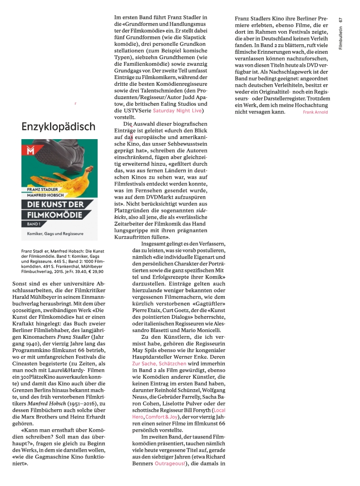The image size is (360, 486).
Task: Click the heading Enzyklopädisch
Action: point(59,127)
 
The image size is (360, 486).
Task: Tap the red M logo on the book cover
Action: point(31,151)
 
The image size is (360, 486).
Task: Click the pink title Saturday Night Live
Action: point(177,111)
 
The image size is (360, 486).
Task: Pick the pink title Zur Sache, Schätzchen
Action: point(160,364)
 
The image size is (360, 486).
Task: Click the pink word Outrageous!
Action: point(171,463)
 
